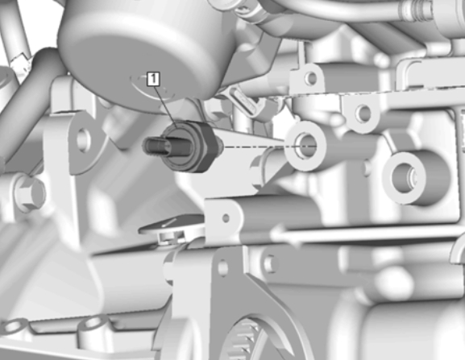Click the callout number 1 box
153,79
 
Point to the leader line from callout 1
166,107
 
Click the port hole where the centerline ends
305,146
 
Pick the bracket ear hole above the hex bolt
83,139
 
